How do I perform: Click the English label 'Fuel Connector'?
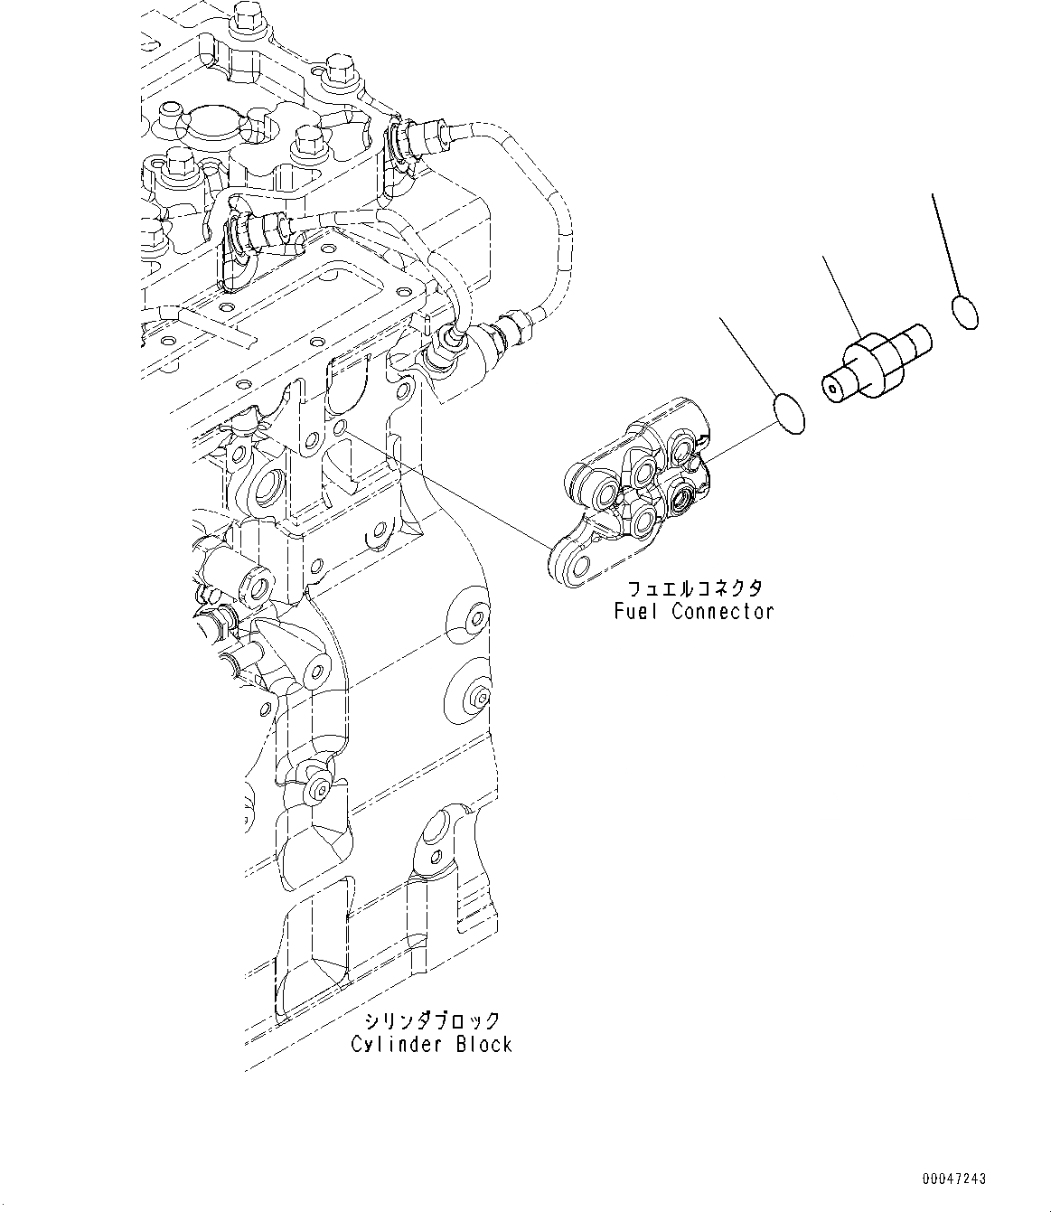693,611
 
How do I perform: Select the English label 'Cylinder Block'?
432,1045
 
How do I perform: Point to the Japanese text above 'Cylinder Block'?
432,1021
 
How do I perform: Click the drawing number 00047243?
954,1179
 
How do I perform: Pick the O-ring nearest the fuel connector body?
790,412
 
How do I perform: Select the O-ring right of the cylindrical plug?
965,313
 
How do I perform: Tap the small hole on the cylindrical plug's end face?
830,388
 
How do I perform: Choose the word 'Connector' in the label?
723,611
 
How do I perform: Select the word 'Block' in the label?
483,1045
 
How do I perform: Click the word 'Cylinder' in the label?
395,1045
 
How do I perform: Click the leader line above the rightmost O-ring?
945,244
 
